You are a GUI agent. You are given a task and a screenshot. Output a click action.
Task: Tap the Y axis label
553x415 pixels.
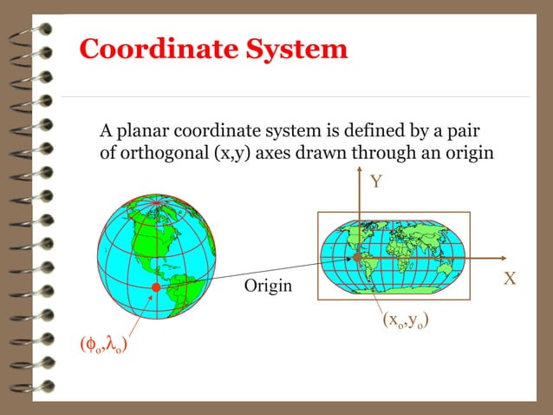(375, 181)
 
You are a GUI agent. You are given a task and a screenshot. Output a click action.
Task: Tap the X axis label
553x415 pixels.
(510, 279)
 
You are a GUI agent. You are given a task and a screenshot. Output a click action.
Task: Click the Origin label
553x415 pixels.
(268, 286)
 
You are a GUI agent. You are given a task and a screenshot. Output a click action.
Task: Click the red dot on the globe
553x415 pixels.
(155, 287)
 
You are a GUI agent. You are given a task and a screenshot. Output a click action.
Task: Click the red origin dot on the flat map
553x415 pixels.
(357, 258)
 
